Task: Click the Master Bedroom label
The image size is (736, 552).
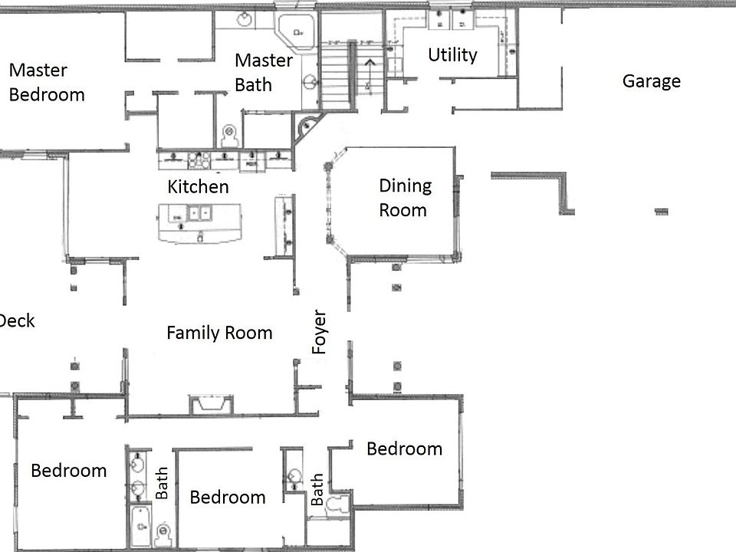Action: click(x=46, y=83)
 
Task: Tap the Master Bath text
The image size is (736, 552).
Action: click(x=263, y=72)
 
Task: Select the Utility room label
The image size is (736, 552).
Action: click(x=452, y=55)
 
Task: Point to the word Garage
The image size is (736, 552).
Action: click(x=651, y=81)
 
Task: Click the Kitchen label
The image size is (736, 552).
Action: click(x=198, y=186)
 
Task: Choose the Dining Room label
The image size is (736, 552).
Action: click(x=405, y=197)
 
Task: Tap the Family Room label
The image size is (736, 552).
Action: click(x=219, y=333)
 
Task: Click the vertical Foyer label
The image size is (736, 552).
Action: click(x=320, y=332)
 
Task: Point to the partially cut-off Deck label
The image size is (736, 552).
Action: click(x=17, y=320)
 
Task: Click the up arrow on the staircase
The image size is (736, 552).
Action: click(x=369, y=68)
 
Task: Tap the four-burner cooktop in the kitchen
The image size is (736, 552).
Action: click(x=200, y=159)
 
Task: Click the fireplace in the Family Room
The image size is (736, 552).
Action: click(x=210, y=404)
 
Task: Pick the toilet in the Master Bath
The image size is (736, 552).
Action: click(x=228, y=136)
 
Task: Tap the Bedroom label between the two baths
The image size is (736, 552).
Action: click(x=228, y=497)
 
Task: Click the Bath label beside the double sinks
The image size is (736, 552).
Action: click(x=162, y=483)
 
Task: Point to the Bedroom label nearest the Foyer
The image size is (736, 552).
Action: click(x=404, y=449)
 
